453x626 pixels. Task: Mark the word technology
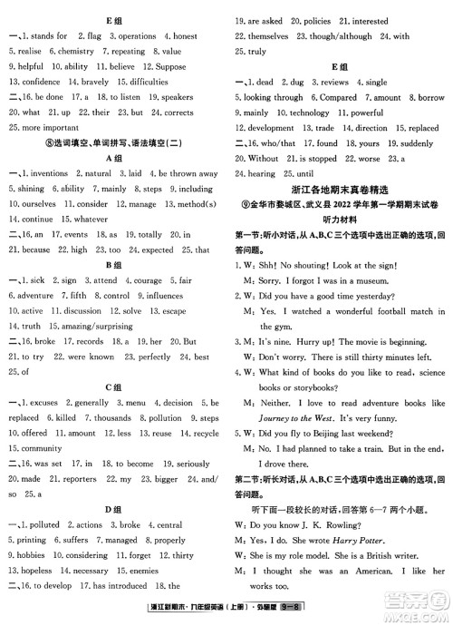[x=309, y=113]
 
